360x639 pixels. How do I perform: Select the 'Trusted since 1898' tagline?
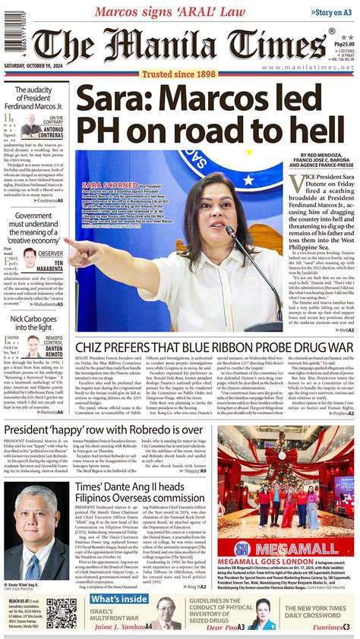click(x=180, y=74)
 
